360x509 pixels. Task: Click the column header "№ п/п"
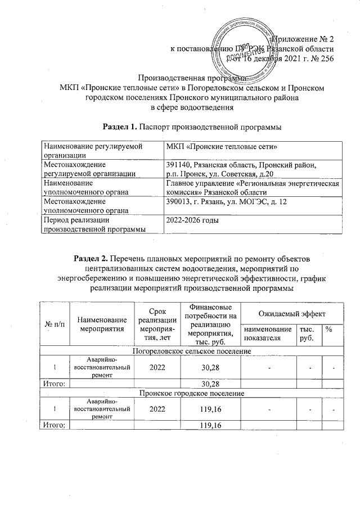click(52, 326)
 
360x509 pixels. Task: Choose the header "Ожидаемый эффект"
click(291, 313)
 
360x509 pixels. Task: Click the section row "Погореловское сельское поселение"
click(191, 351)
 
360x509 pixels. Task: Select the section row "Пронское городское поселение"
click(191, 393)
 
